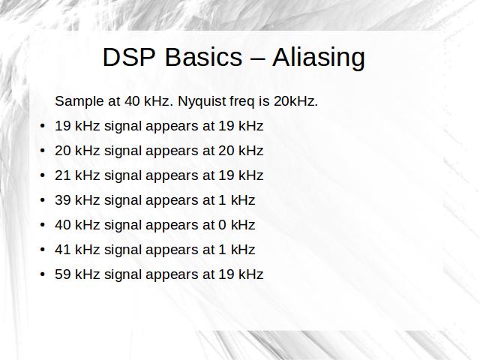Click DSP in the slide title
129,57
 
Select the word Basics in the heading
203,57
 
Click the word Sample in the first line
79,102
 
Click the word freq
242,102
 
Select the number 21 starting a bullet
63,175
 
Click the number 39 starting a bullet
63,200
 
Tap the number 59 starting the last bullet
63,274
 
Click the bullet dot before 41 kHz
43,250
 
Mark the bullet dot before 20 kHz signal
43,151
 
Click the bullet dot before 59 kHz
43,274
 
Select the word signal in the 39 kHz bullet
123,201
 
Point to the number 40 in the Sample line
132,101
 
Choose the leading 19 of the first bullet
63,126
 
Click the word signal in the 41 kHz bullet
123,250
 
